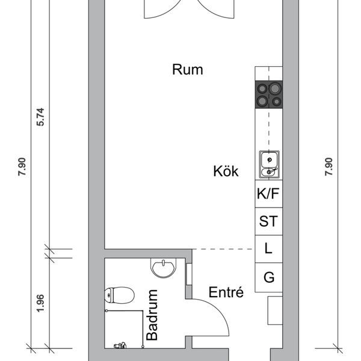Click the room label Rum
[188, 70]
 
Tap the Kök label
[226, 171]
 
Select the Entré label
[226, 292]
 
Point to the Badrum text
[152, 315]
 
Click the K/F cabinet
[269, 194]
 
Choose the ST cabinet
[269, 221]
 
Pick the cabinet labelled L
[269, 249]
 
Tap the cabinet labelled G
[269, 277]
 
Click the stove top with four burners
[269, 94]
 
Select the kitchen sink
[269, 164]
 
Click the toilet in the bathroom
[119, 295]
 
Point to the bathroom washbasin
[163, 268]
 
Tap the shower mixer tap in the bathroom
[120, 345]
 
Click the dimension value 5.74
[40, 117]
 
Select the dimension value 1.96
[40, 303]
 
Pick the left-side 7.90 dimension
[22, 167]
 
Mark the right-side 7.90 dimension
[329, 167]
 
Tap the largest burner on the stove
[275, 88]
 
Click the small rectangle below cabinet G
[275, 310]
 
